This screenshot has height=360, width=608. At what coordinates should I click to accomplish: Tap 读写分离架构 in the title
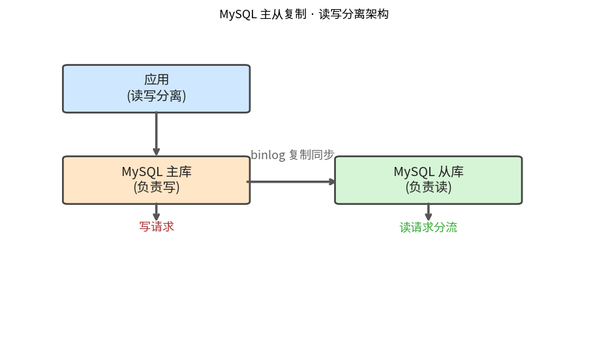click(x=354, y=14)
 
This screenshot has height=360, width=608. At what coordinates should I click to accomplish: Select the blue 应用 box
click(x=157, y=89)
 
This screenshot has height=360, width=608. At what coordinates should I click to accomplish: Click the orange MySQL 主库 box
click(x=157, y=180)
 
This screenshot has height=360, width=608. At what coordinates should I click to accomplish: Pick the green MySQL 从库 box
click(x=429, y=180)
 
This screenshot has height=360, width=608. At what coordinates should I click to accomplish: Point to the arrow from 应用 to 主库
click(x=157, y=134)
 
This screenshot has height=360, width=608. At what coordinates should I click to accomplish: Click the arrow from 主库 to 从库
click(x=291, y=181)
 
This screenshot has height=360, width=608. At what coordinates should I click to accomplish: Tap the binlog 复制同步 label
click(x=292, y=155)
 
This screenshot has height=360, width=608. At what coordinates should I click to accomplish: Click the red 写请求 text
click(x=157, y=227)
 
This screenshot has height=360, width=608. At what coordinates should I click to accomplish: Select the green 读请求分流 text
click(x=429, y=227)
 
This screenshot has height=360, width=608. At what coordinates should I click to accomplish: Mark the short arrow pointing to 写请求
click(x=157, y=212)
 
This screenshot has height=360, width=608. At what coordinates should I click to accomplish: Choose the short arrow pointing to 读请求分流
click(x=429, y=212)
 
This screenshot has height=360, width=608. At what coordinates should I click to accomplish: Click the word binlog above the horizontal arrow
click(x=268, y=155)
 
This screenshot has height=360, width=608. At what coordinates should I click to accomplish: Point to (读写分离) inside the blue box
click(x=157, y=96)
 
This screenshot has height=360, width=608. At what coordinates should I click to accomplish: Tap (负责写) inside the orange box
click(x=157, y=187)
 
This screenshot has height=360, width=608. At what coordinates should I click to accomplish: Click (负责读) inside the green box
click(x=429, y=187)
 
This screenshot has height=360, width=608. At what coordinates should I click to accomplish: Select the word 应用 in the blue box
click(x=157, y=80)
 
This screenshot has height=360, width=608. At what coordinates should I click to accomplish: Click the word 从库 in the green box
click(x=451, y=172)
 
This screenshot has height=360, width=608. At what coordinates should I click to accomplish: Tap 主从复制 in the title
click(x=283, y=14)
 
